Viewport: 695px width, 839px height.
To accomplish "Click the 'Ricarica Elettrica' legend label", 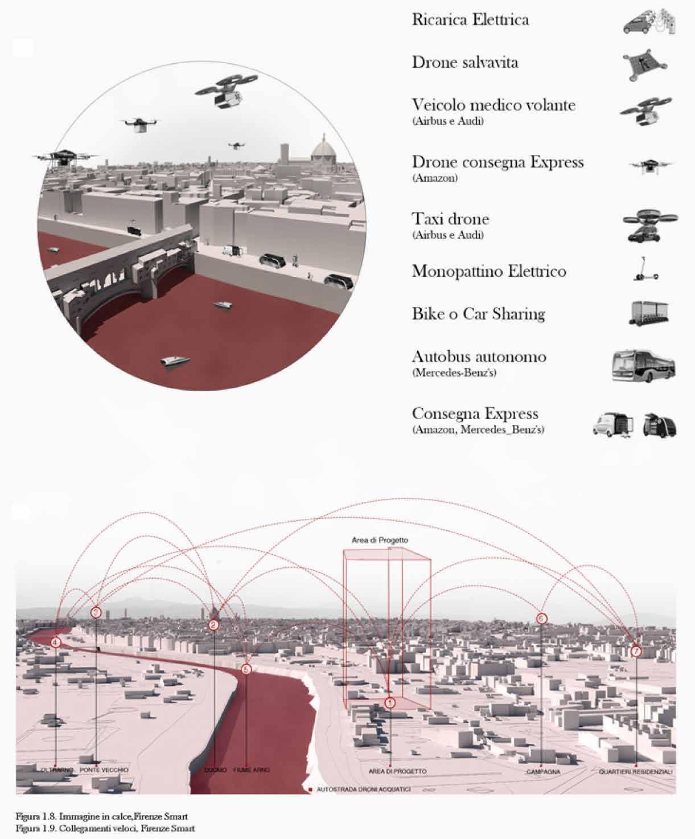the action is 470,20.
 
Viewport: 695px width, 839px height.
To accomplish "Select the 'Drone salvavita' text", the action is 465,62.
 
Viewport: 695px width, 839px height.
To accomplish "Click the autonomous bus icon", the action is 644,366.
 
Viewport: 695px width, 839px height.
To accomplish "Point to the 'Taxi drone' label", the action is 450,219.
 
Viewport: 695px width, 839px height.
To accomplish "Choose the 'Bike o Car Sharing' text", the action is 478,314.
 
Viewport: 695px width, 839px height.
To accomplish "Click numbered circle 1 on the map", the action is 390,703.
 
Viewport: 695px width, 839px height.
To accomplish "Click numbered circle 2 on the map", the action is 213,625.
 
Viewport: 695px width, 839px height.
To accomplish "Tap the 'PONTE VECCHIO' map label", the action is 104,770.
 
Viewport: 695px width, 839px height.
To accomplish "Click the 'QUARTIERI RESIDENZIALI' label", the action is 636,772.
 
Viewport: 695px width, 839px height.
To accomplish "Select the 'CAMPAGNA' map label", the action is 543,772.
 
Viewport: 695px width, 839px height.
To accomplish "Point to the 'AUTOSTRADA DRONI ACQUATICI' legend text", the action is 363,789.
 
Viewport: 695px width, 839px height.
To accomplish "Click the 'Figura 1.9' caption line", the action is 105,828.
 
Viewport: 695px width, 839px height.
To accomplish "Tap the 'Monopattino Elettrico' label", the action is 489,271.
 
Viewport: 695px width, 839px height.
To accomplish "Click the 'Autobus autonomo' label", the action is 479,357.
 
